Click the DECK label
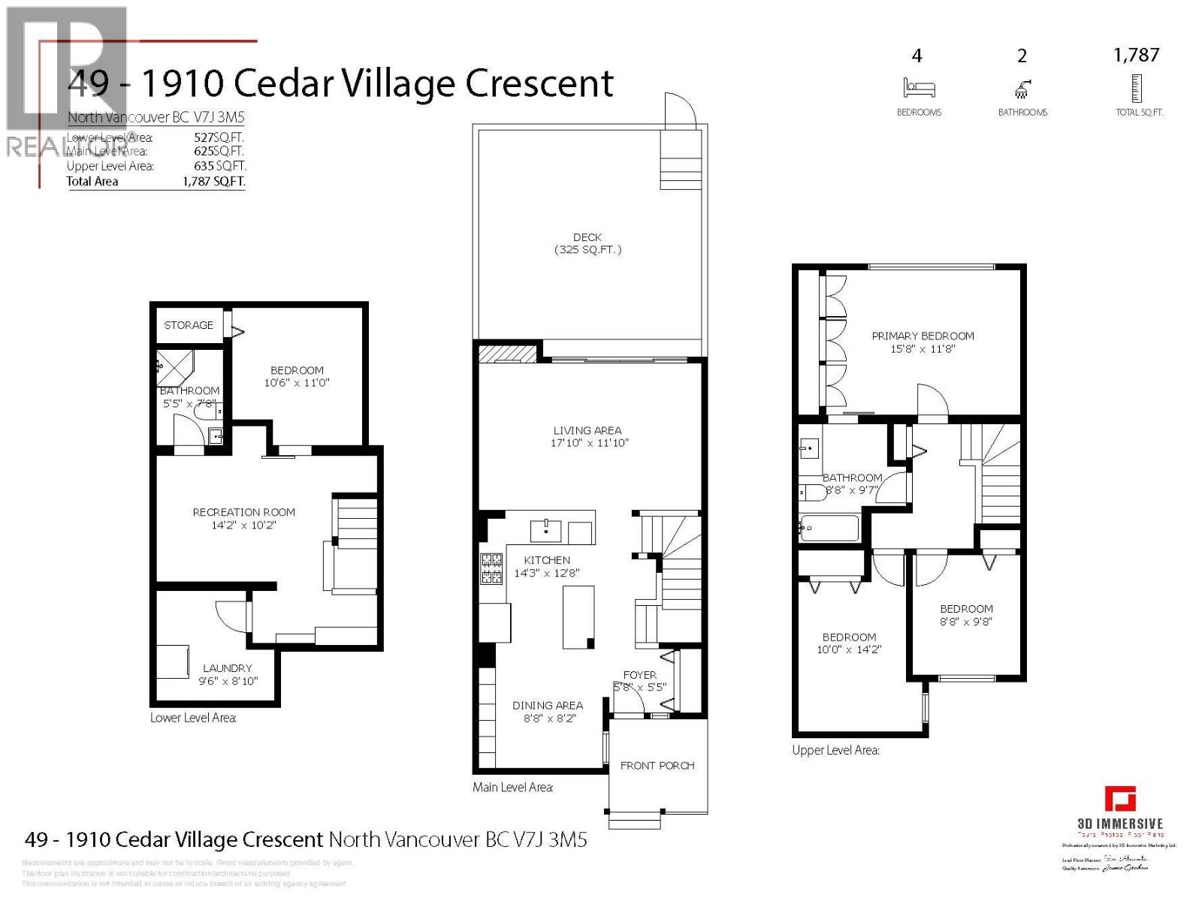coord(587,237)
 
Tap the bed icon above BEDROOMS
coord(919,88)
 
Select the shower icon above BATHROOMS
coord(1022,90)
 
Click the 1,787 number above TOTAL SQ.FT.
coord(1136,55)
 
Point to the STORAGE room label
coord(189,325)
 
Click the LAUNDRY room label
coord(227,668)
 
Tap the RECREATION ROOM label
coord(243,512)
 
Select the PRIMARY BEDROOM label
coord(923,336)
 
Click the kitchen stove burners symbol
coord(491,568)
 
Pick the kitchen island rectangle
coord(578,617)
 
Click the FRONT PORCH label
coord(657,766)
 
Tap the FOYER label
coord(639,675)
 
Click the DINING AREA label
coord(547,705)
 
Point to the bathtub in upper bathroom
coord(829,528)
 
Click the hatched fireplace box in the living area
coord(508,353)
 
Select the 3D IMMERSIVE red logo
coord(1120,799)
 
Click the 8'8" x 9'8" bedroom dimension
coord(966,622)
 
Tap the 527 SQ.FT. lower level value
coord(219,137)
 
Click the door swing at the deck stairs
coord(681,109)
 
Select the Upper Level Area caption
coord(835,750)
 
